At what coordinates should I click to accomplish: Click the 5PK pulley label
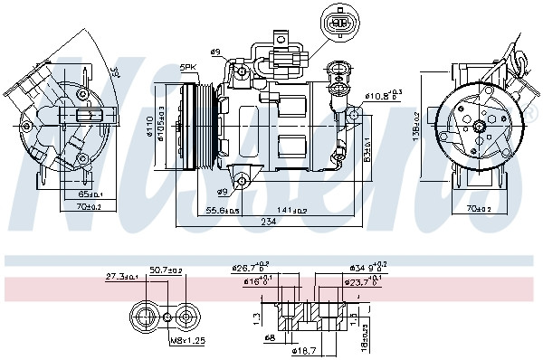[188, 67]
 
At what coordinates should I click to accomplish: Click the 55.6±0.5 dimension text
[222, 210]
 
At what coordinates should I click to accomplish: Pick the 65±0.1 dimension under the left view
[90, 194]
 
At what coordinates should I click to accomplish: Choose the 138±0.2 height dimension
[416, 126]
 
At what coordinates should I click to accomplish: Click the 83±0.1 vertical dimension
[367, 145]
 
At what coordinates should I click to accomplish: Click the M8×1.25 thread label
[187, 340]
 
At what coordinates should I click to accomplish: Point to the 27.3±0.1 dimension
[120, 276]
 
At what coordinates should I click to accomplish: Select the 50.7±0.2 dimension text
[167, 270]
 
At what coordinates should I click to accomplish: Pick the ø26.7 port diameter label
[251, 268]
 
